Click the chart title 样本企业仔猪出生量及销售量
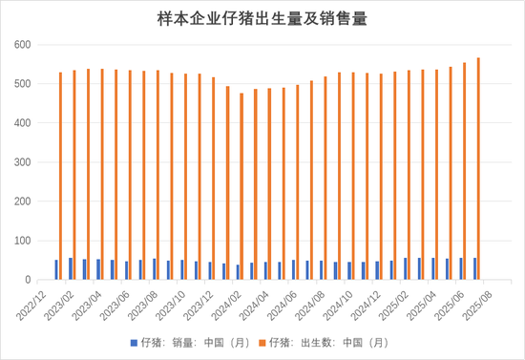click(262, 18)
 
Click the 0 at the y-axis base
click(29, 280)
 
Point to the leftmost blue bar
click(56, 269)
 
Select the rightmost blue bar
click(475, 268)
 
